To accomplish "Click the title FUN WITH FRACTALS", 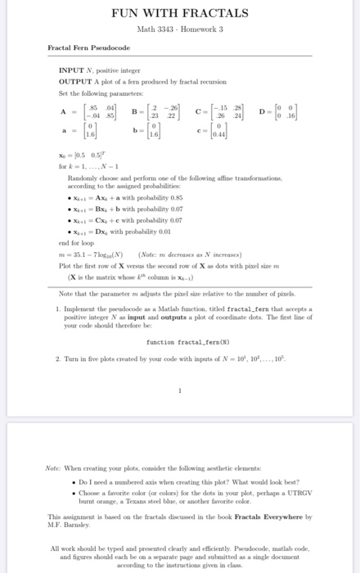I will click(x=179, y=14).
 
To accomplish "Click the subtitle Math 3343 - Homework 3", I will click(x=179, y=30).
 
